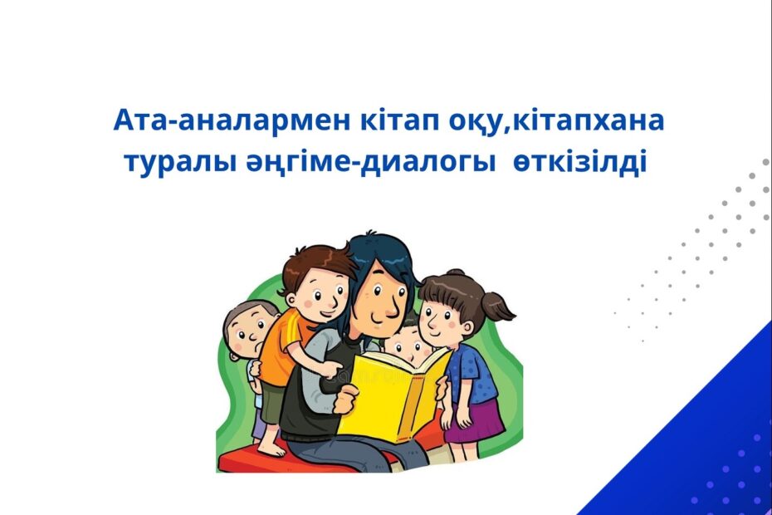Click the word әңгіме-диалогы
370,163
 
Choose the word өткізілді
579,162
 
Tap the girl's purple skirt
475,422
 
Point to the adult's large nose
391,307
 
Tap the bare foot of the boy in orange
271,448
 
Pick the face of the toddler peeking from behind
249,331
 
